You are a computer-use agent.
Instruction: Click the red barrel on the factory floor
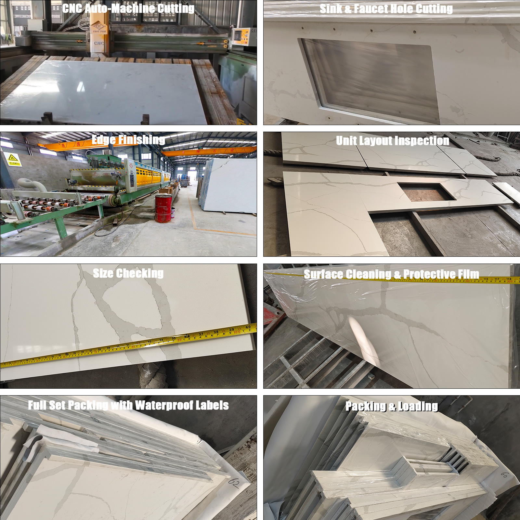point(163,208)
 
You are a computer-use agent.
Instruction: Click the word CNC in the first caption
point(72,8)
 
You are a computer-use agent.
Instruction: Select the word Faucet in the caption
point(373,9)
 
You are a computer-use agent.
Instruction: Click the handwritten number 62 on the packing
point(234,483)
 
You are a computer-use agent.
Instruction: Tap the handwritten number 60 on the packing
point(504,475)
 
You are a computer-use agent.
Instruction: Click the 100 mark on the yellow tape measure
point(237,332)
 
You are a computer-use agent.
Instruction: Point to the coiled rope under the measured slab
point(152,375)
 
